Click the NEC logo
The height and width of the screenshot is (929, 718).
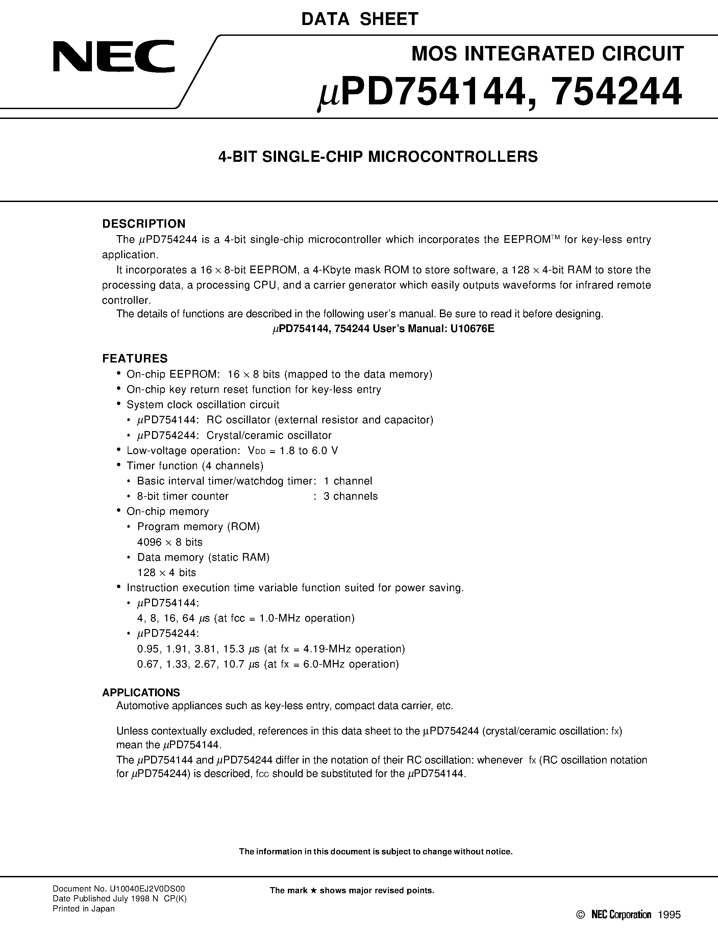tap(114, 56)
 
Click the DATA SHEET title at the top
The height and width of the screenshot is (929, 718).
tap(360, 20)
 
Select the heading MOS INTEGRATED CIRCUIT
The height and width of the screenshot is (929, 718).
tap(547, 54)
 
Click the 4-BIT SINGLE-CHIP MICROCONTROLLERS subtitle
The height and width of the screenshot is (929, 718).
tap(378, 156)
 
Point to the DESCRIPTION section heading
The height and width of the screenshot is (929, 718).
tap(144, 224)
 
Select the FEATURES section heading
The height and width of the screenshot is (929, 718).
tap(135, 358)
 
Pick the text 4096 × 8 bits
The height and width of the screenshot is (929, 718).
tap(170, 542)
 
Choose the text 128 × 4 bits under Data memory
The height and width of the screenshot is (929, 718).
tap(166, 573)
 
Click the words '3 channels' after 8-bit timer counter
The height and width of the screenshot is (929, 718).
tap(350, 496)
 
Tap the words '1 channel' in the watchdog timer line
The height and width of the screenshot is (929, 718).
tap(348, 481)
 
